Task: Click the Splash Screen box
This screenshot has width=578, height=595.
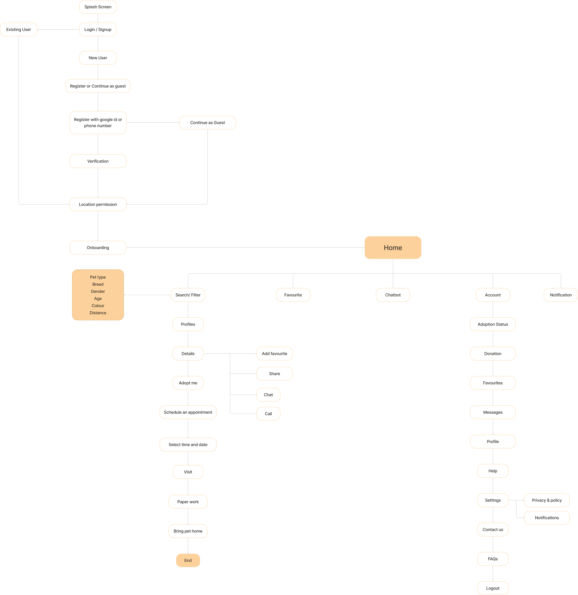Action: [98, 7]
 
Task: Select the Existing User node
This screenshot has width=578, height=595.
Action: [19, 29]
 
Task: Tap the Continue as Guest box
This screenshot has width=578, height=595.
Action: [208, 123]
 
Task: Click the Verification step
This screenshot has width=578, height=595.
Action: [98, 161]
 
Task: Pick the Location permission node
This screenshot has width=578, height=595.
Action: [98, 204]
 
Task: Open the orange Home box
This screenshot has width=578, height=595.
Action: [393, 248]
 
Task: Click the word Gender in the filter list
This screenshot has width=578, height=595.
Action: [98, 291]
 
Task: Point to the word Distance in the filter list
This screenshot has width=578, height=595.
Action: [98, 313]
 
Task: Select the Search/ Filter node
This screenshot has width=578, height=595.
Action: [188, 295]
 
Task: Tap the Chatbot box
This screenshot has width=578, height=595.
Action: [393, 295]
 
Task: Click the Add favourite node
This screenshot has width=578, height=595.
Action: [274, 354]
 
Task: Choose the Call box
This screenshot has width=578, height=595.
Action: [268, 414]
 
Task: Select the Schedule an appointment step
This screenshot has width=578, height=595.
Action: [188, 412]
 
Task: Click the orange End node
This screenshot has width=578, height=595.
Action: [188, 560]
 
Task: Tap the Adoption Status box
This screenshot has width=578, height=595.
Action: [493, 324]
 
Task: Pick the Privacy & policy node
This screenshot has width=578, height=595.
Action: [547, 500]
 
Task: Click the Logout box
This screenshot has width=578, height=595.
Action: [493, 588]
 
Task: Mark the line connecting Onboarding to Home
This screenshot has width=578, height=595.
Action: [245, 248]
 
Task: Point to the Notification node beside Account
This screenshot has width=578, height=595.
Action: [561, 295]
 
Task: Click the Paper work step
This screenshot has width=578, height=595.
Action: [188, 502]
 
